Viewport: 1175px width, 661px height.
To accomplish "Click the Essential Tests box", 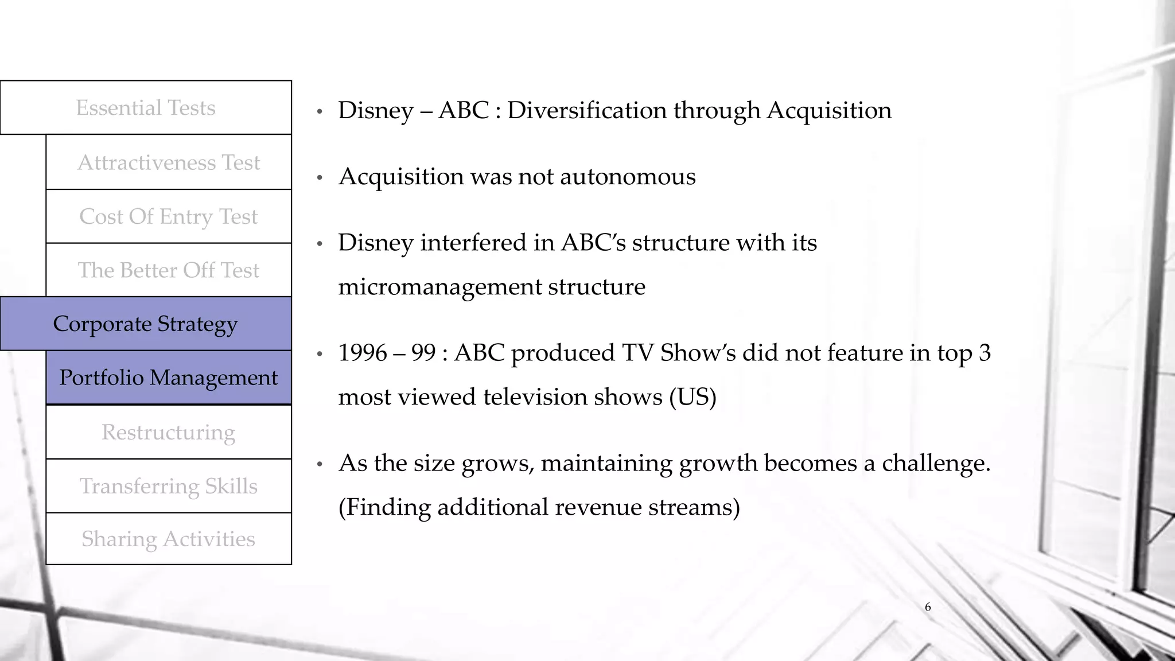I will (x=146, y=108).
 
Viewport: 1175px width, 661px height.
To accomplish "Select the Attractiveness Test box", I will (x=169, y=162).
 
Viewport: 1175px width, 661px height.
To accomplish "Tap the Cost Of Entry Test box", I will (x=169, y=216).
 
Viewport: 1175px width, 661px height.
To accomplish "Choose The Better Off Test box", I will (x=169, y=270).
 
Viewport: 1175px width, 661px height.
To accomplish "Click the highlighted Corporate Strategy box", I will (x=146, y=324).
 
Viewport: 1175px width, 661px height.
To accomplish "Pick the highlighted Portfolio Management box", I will (x=169, y=378).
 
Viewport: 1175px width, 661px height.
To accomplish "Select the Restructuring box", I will (x=169, y=432).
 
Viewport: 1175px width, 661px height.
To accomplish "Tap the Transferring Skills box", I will (x=169, y=486).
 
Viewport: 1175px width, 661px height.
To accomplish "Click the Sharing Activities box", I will (x=169, y=539).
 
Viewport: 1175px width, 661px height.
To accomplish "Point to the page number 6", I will (x=928, y=607).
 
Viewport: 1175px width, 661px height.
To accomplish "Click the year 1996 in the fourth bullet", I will (x=363, y=352).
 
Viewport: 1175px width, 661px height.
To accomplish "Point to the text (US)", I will (x=693, y=396).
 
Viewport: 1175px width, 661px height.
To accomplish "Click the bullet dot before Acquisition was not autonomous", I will (x=320, y=178).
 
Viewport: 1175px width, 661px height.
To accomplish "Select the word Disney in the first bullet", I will (x=375, y=110).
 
